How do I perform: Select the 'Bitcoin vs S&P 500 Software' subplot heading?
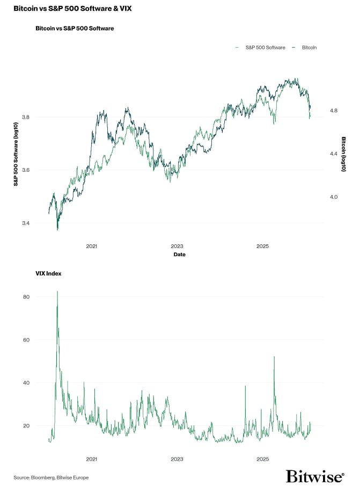(x=74, y=27)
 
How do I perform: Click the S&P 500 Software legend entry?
(x=263, y=48)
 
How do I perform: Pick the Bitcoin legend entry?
(x=306, y=48)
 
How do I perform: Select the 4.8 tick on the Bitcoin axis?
(x=334, y=111)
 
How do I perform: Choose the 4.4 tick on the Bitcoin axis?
(x=334, y=154)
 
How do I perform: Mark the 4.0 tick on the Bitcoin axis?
(x=334, y=197)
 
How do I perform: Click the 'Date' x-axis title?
(x=179, y=255)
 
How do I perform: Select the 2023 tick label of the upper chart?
(x=177, y=246)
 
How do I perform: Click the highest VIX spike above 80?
(x=57, y=292)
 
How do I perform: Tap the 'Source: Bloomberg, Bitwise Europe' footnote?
(x=51, y=477)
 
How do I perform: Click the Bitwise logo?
(x=314, y=476)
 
